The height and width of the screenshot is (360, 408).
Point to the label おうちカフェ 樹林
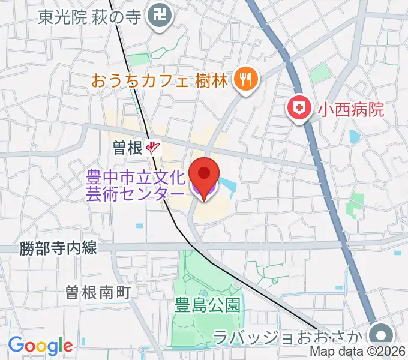click(x=160, y=79)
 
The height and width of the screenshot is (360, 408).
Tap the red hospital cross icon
click(x=298, y=108)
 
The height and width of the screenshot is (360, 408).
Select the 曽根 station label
click(x=127, y=148)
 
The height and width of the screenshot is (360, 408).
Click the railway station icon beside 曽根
click(x=155, y=148)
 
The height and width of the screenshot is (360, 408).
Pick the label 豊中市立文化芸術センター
click(x=137, y=186)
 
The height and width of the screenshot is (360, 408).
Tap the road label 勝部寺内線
click(x=58, y=247)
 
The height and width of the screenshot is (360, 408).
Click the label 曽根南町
click(x=98, y=292)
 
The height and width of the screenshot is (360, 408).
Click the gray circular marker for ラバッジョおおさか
click(x=381, y=334)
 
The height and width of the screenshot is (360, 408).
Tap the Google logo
click(x=40, y=346)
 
